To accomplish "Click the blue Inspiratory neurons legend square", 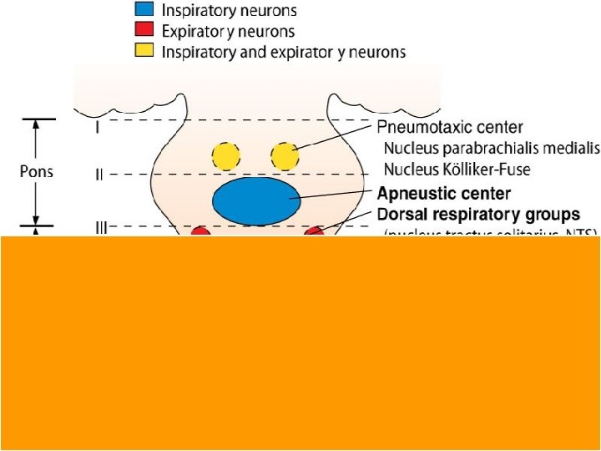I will pyautogui.click(x=145, y=12).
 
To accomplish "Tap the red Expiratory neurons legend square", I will pyautogui.click(x=145, y=32).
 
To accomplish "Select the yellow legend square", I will pyautogui.click(x=145, y=52).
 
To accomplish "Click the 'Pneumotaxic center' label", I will pyautogui.click(x=449, y=128).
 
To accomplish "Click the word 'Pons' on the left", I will pyautogui.click(x=36, y=172).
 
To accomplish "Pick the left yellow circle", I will pyautogui.click(x=225, y=155).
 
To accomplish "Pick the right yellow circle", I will pyautogui.click(x=284, y=155).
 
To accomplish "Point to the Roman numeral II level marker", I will pyautogui.click(x=98, y=175).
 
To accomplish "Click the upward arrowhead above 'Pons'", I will pyautogui.click(x=36, y=126).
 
